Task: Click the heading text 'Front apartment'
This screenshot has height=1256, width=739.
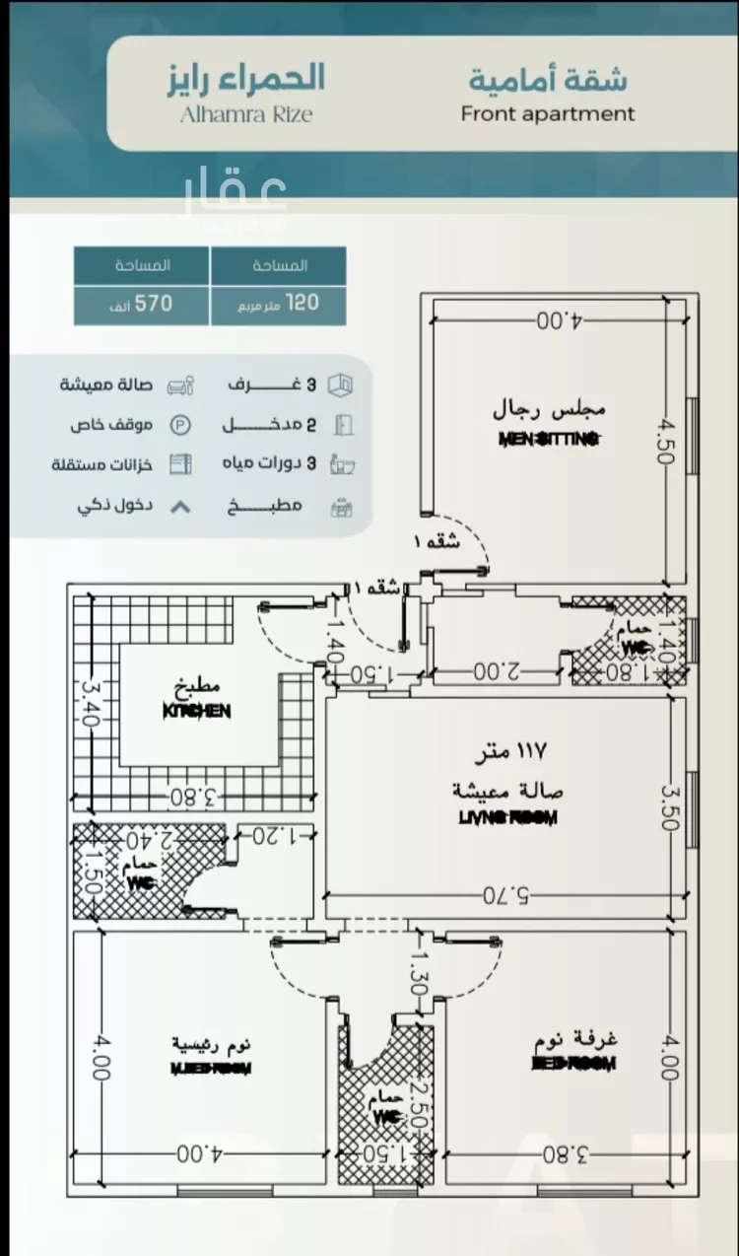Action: coord(548,113)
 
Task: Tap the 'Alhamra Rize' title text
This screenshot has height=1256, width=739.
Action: coord(246,114)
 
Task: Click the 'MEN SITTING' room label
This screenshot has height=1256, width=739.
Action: coord(549,440)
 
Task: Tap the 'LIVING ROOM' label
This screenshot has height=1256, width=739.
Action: coord(508,817)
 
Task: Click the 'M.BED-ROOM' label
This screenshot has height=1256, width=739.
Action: coord(211,1068)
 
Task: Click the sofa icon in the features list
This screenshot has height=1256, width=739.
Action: coord(180,384)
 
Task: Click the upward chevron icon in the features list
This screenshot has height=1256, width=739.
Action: coord(180,507)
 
